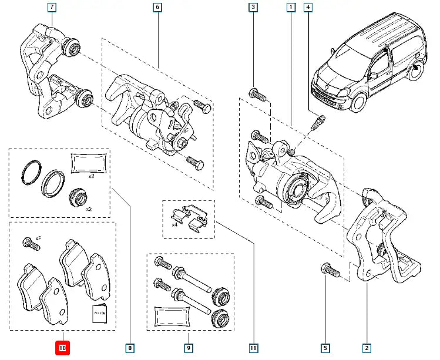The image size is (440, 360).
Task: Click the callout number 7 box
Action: [x=52, y=8]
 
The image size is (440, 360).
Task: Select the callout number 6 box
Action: [x=157, y=8]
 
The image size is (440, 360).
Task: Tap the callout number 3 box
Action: [x=253, y=8]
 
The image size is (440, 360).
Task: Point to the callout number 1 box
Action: [x=290, y=8]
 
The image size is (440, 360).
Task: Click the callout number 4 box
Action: [x=308, y=8]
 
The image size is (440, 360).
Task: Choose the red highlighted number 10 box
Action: [x=63, y=348]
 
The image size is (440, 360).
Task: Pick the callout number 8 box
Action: [x=130, y=348]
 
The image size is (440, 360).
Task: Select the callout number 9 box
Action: [x=188, y=348]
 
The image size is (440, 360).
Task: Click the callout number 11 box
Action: [x=253, y=348]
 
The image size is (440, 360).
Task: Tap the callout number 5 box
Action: [x=325, y=348]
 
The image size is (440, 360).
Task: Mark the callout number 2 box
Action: [x=367, y=348]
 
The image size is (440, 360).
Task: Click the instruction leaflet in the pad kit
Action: [x=99, y=314]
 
